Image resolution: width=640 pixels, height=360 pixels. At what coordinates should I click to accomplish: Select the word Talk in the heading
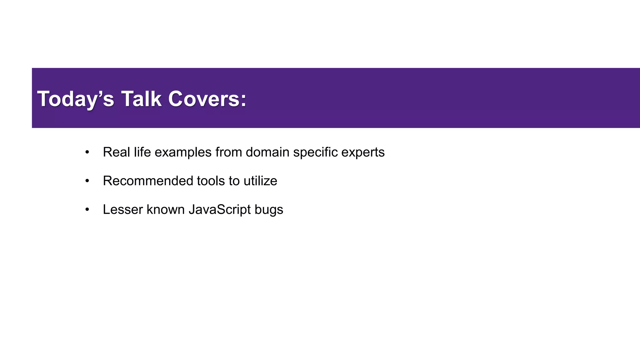[141, 99]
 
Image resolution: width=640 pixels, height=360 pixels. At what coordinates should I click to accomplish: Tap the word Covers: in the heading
[207, 99]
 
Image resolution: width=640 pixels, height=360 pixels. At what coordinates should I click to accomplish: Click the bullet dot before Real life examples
[87, 152]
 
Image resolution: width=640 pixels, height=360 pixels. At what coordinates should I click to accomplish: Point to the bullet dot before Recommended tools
[87, 181]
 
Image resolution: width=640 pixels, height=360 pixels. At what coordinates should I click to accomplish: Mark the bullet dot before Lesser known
[87, 210]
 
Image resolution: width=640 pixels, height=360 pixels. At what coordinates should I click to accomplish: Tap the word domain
[267, 152]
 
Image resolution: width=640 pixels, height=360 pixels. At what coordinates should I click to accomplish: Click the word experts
[363, 152]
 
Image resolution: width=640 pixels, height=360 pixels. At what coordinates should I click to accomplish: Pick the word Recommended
[148, 181]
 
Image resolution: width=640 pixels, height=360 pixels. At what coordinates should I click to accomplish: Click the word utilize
[260, 181]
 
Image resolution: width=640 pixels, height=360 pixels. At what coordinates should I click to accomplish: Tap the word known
[166, 209]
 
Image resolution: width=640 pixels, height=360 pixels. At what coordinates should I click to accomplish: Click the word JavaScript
[220, 209]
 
